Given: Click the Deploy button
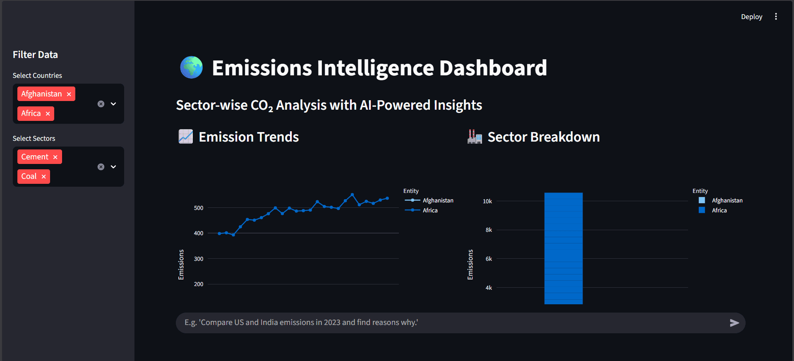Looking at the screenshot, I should pos(751,17).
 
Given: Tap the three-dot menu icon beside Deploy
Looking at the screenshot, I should pos(776,17).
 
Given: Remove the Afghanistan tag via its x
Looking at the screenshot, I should pos(69,94).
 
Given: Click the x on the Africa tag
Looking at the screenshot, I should pos(48,114).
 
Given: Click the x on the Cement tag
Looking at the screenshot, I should pos(55,157).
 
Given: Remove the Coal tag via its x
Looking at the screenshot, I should pos(44,177).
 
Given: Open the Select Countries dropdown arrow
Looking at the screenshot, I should pos(113,104).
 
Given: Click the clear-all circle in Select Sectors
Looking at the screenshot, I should pos(101,167).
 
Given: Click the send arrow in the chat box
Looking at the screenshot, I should pos(734,323).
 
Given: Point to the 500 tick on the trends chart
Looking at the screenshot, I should pos(199,208).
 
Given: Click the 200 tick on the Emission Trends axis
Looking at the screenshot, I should pos(199,284).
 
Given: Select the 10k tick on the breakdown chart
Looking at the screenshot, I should pos(487,201).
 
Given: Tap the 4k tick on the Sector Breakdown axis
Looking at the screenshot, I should pos(489,288).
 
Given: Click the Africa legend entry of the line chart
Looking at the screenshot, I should pos(430,210).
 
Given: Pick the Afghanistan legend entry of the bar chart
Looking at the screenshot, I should pos(727,200).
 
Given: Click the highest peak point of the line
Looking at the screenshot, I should pos(352,195).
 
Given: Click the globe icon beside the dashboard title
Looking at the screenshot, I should pos(192,67).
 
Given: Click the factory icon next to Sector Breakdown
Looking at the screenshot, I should pos(475,137).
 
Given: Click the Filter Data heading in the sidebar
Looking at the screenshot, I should pos(35,55).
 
